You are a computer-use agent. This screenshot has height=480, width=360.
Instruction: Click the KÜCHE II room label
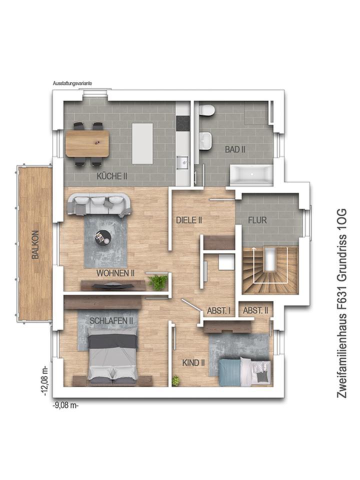[x=112, y=176]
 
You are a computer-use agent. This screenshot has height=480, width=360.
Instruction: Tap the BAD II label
[x=235, y=149]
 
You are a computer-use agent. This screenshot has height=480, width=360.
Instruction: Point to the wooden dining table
[x=87, y=143]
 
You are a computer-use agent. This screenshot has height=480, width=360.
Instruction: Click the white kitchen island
[x=142, y=143]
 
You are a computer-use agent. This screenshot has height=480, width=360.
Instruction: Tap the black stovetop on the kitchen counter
[x=183, y=123]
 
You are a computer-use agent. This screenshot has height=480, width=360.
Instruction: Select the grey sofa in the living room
[x=99, y=205]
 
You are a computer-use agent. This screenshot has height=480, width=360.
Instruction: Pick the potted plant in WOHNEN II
[x=158, y=282]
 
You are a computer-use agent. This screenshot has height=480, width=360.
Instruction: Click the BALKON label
[x=36, y=244]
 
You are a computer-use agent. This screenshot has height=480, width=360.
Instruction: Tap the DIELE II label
[x=189, y=220]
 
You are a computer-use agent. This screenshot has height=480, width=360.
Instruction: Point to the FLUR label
[x=257, y=220]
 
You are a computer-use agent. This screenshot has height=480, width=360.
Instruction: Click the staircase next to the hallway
[x=270, y=270]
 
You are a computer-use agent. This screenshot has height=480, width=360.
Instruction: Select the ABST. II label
[x=255, y=310]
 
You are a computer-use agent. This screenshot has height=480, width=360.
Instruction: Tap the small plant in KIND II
[x=175, y=380]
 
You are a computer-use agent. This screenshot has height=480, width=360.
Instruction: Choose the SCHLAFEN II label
[x=111, y=321]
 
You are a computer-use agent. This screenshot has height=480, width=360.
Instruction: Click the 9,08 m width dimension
[x=66, y=405]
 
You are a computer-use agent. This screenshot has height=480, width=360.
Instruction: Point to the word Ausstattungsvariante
[x=72, y=83]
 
